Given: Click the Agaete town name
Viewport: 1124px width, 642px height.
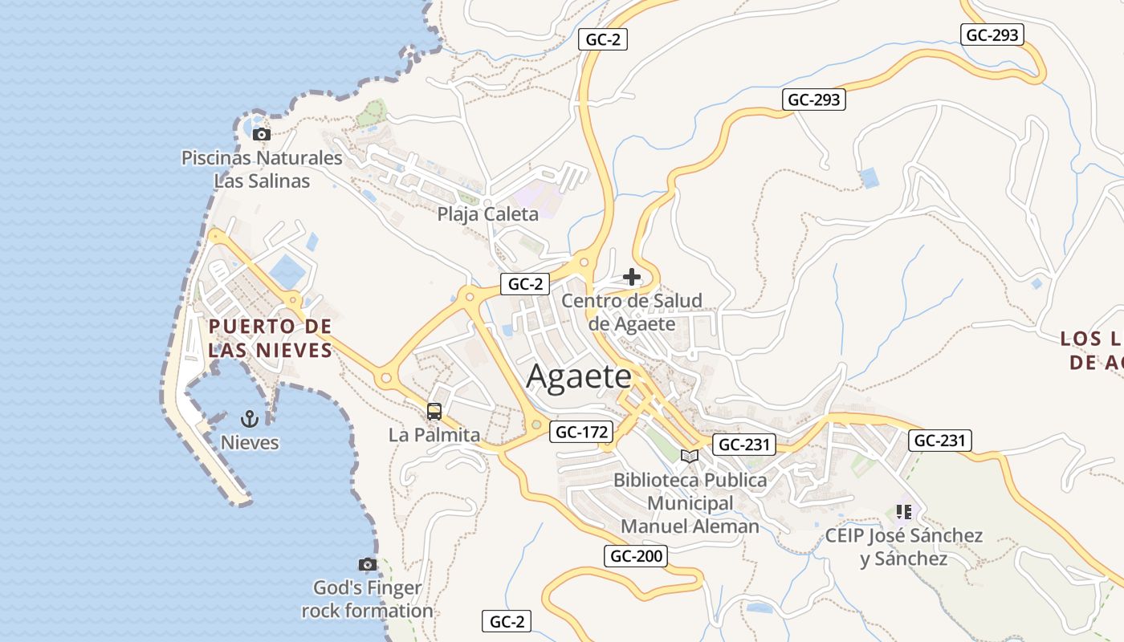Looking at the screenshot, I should pyautogui.click(x=579, y=377).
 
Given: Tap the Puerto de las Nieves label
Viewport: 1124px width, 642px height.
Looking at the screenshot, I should pyautogui.click(x=270, y=338).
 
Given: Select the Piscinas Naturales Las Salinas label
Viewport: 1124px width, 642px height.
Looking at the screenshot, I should pyautogui.click(x=262, y=169).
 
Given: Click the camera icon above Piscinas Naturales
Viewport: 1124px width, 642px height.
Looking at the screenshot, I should pyautogui.click(x=261, y=135).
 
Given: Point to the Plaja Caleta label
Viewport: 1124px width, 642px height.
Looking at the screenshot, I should pyautogui.click(x=487, y=214).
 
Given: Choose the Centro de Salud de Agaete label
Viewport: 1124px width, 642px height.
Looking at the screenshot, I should pyautogui.click(x=632, y=312).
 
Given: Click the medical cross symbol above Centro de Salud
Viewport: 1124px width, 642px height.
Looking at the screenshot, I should pyautogui.click(x=632, y=278).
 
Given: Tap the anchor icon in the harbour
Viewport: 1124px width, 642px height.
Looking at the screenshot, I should pyautogui.click(x=249, y=418).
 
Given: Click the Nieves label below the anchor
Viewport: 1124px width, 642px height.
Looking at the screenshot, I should pyautogui.click(x=250, y=443).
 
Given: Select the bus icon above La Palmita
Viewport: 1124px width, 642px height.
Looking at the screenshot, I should pyautogui.click(x=434, y=412).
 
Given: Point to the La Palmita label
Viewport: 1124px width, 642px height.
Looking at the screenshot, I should pyautogui.click(x=434, y=436).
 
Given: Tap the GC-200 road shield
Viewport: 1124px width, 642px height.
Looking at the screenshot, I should pyautogui.click(x=637, y=556).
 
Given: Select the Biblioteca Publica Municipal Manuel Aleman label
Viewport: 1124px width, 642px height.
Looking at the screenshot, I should pyautogui.click(x=690, y=503).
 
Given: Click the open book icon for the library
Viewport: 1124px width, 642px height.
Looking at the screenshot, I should pyautogui.click(x=689, y=457).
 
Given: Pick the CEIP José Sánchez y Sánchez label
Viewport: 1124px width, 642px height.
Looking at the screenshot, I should pyautogui.click(x=904, y=547).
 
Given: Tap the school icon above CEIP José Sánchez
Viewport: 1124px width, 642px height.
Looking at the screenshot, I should pyautogui.click(x=904, y=511).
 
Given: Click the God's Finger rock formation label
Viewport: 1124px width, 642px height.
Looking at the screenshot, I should pyautogui.click(x=367, y=599).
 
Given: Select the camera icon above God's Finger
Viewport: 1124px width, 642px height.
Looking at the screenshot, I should pyautogui.click(x=368, y=565).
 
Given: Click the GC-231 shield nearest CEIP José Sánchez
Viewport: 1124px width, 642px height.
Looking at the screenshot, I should pyautogui.click(x=940, y=440).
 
